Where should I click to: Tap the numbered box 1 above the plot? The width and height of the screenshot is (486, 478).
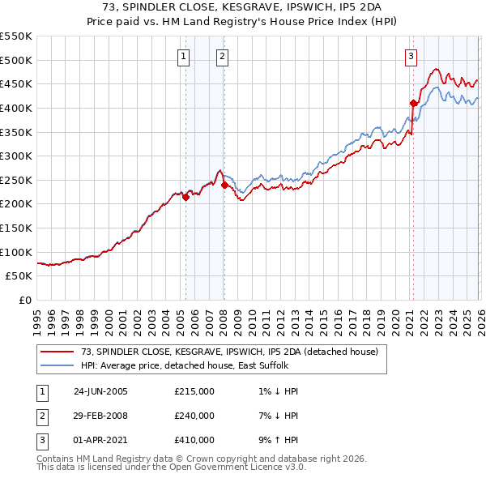pyautogui.click(x=184, y=56)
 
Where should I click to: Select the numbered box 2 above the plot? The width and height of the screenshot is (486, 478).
pyautogui.click(x=222, y=56)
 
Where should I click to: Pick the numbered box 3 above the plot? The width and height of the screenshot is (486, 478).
pyautogui.click(x=411, y=56)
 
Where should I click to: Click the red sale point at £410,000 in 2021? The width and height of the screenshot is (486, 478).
pyautogui.click(x=413, y=103)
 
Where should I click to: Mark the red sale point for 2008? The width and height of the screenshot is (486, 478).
pyautogui.click(x=224, y=185)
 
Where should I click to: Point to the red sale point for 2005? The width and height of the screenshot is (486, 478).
pyautogui.click(x=185, y=197)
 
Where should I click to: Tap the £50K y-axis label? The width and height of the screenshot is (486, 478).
pyautogui.click(x=19, y=276)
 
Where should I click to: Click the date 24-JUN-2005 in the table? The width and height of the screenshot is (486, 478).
pyautogui.click(x=100, y=391)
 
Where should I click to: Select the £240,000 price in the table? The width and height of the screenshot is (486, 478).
pyautogui.click(x=194, y=416)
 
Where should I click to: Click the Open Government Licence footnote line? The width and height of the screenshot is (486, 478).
pyautogui.click(x=172, y=467)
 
